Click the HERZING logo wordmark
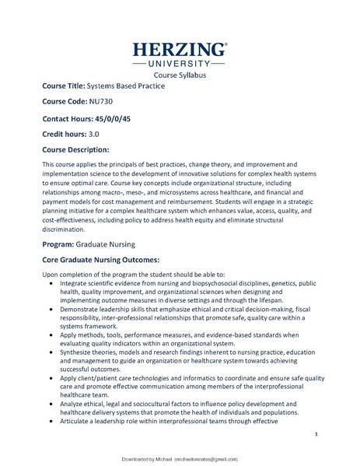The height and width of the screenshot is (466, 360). (180, 49)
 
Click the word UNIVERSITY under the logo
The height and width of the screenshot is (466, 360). (180, 63)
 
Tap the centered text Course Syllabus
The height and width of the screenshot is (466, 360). (180, 75)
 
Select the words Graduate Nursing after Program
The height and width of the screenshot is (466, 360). (110, 244)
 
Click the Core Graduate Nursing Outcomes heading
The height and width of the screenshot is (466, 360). (101, 259)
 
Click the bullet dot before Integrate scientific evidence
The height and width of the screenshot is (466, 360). (51, 284)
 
